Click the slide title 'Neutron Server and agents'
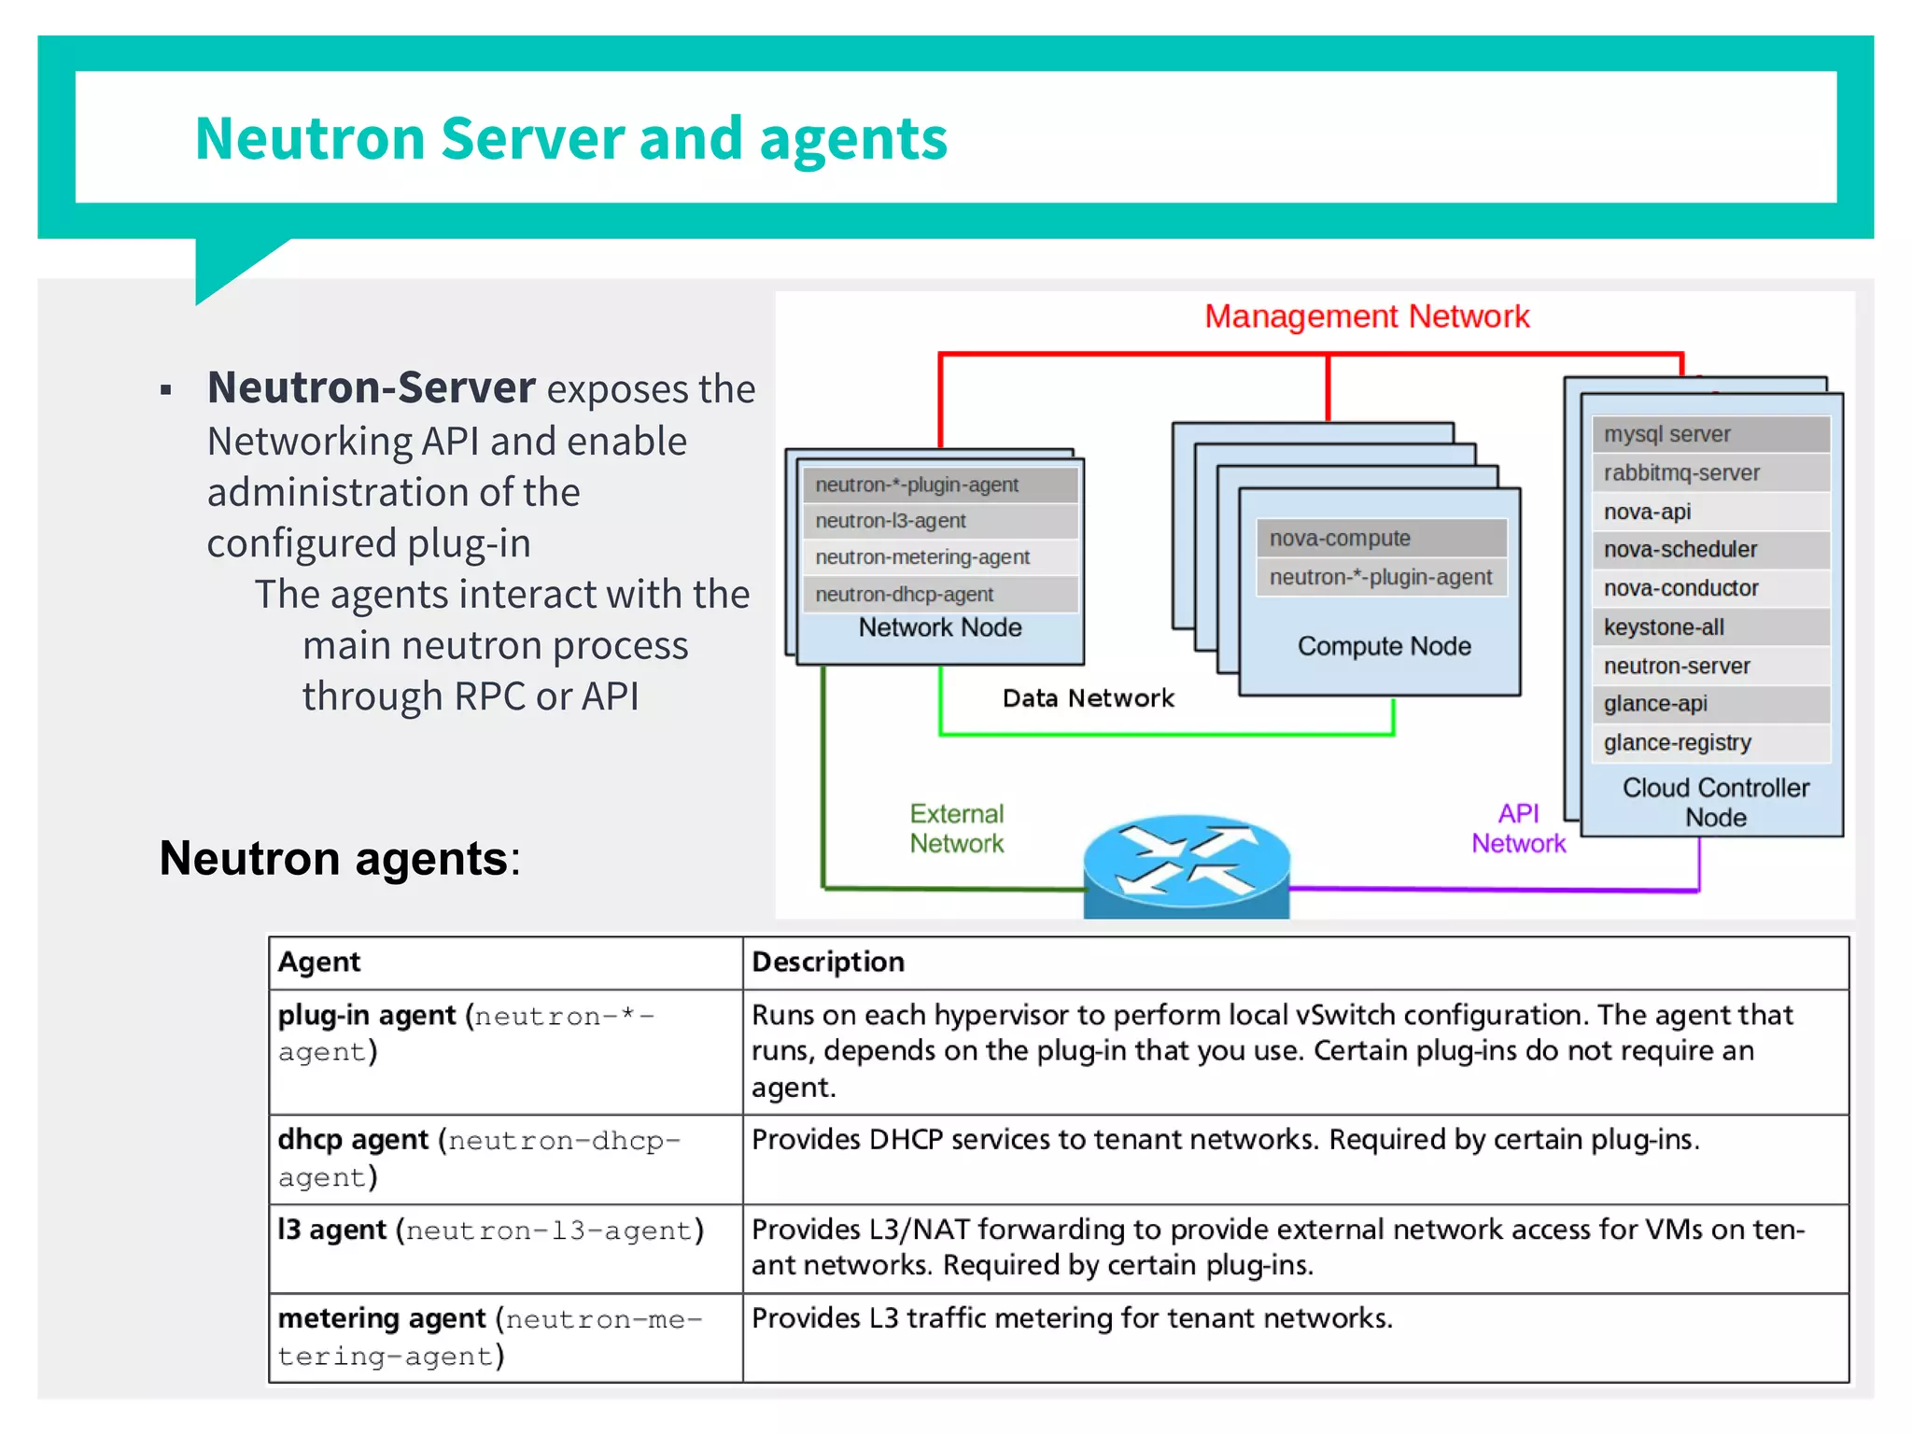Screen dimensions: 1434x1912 point(570,138)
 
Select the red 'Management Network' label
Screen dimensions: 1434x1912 point(1366,316)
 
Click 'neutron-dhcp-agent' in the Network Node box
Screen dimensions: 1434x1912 point(904,594)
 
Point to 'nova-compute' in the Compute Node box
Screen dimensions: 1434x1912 point(1339,538)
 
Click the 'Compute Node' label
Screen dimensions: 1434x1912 point(1384,646)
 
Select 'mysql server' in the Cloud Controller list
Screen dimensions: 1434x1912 point(1666,434)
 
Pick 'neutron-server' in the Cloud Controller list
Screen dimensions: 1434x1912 point(1677,666)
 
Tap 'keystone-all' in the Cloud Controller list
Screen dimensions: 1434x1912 point(1664,627)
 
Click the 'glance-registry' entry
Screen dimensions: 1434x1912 point(1677,742)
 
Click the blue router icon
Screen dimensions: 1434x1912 point(1186,864)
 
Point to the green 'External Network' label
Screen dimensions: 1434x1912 point(956,828)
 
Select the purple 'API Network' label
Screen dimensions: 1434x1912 point(1518,828)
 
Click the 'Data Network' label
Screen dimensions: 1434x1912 point(1088,698)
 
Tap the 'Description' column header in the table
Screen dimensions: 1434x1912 point(828,962)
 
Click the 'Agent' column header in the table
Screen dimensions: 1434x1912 point(319,962)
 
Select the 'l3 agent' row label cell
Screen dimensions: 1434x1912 point(490,1230)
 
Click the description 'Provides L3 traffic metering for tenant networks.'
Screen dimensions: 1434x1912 point(1072,1318)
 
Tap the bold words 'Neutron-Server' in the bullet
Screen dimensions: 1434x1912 point(371,387)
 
